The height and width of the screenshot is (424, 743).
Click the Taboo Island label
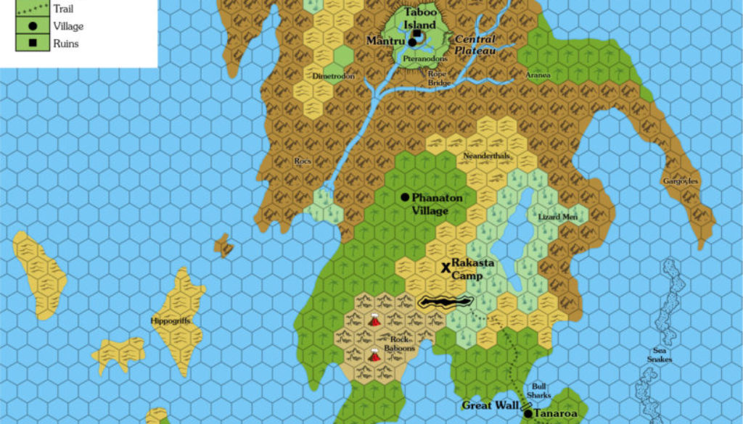(420, 18)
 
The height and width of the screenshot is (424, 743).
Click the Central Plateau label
(475, 45)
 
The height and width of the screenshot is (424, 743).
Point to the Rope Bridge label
(438, 78)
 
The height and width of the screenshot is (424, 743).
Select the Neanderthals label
(486, 156)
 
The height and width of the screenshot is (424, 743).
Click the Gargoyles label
(680, 180)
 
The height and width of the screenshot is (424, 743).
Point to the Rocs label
(303, 161)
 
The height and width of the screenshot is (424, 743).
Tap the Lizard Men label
(558, 217)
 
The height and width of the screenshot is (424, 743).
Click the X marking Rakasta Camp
(446, 267)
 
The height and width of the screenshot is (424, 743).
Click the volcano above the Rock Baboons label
(374, 320)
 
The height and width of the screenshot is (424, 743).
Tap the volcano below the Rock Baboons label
(374, 356)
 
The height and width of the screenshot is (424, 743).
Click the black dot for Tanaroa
(528, 414)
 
